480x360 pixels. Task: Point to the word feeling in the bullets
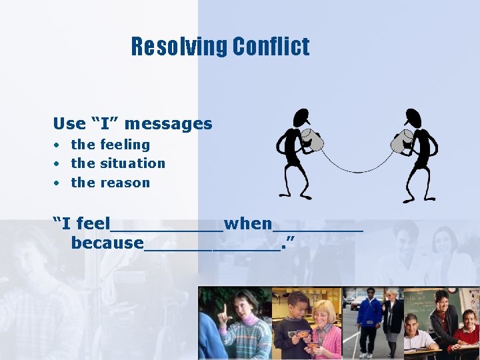(x=125, y=145)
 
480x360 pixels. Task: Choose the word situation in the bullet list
(x=133, y=163)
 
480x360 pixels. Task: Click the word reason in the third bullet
(x=125, y=183)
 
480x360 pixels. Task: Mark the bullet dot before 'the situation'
(x=59, y=163)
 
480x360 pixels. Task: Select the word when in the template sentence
(x=248, y=224)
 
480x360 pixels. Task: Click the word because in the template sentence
(x=107, y=243)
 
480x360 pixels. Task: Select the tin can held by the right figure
(x=402, y=141)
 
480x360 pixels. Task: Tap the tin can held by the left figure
(x=312, y=140)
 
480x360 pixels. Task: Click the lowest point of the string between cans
(x=359, y=171)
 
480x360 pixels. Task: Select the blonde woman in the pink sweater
(x=325, y=327)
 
